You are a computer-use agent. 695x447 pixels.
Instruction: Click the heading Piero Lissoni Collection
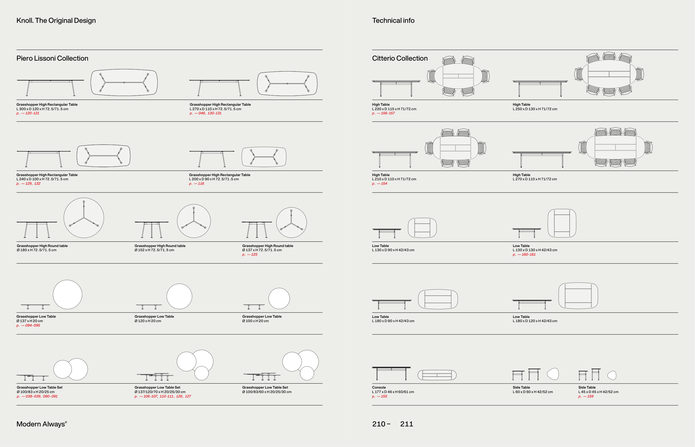click(52, 58)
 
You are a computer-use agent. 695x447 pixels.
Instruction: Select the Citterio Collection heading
click(400, 58)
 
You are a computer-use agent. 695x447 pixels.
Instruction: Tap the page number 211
click(406, 424)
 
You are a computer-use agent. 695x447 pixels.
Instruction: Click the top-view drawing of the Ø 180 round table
click(84, 218)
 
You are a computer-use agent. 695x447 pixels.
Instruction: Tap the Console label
click(379, 387)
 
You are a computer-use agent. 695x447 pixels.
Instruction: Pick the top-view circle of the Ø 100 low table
click(279, 298)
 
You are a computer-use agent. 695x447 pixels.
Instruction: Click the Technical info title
click(393, 21)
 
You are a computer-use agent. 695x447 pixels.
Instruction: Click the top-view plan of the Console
click(437, 375)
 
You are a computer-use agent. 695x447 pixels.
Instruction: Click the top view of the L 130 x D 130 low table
click(562, 223)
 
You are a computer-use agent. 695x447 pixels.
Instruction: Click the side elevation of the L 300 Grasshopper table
click(51, 87)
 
